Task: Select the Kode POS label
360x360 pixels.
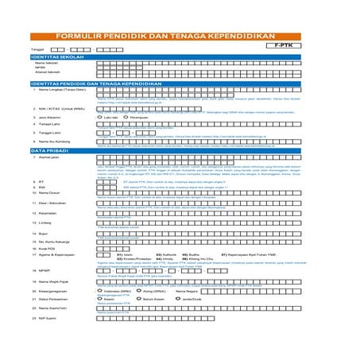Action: (48, 248)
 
